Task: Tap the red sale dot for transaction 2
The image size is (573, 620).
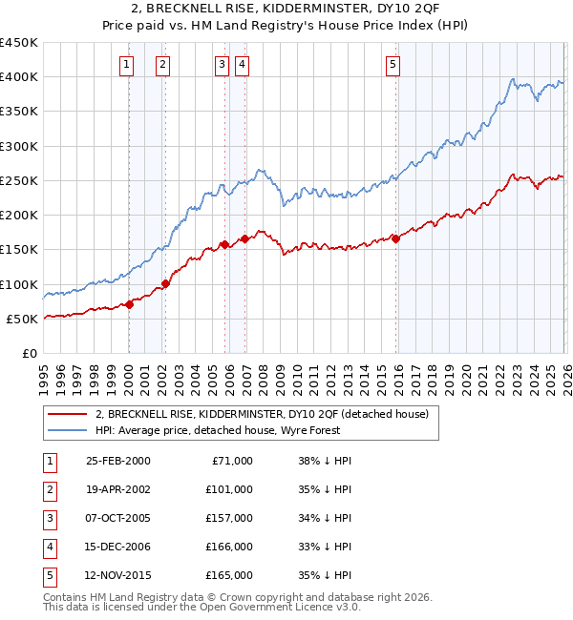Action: coord(165,283)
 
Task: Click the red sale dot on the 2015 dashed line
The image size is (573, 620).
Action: coord(396,238)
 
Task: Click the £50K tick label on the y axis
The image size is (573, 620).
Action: coord(22,320)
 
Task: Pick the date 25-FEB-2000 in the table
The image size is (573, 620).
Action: coord(117,461)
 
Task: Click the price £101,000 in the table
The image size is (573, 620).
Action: coord(229,489)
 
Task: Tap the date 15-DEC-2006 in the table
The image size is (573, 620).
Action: coord(117,547)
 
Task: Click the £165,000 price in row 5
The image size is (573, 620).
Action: coord(229,575)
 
